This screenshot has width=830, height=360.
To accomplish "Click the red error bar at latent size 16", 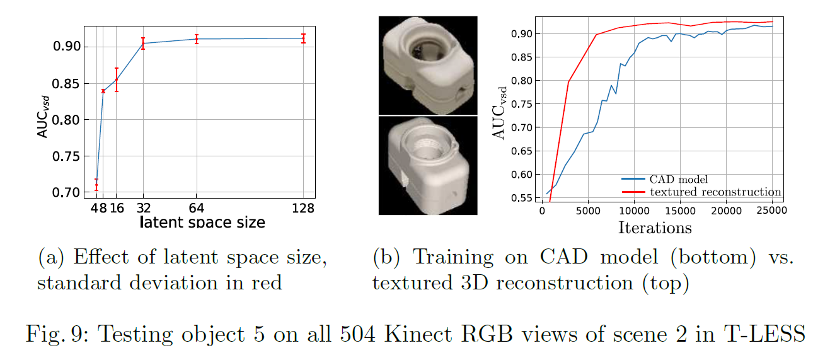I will coord(117,80).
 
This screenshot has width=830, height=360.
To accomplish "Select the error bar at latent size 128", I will coord(304,38).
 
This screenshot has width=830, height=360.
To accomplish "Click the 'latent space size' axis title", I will coord(202,222).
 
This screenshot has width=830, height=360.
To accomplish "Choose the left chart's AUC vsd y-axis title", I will coord(42,113).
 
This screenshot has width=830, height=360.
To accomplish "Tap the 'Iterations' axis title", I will coord(655,227).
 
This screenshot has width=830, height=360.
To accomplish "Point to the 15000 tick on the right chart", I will coord(679,211).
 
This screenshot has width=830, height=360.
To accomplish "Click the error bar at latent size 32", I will coord(143,44).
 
